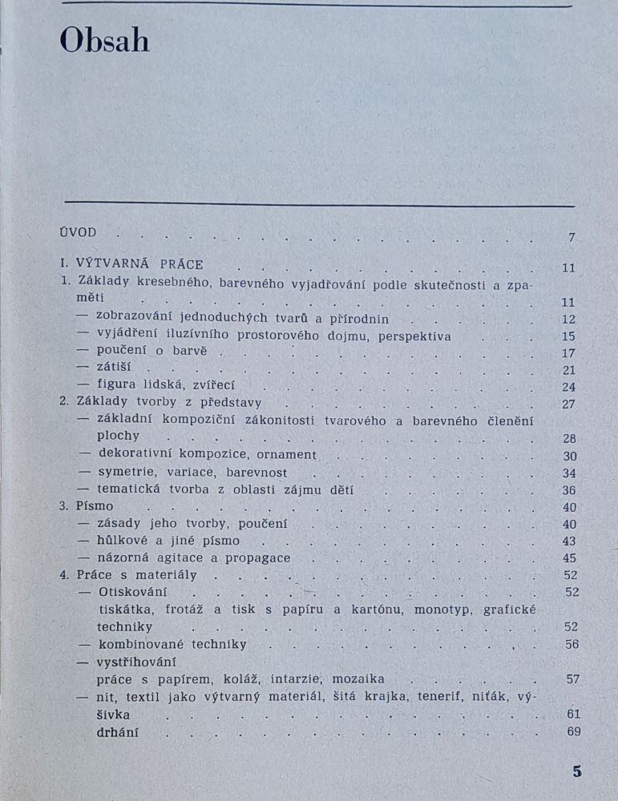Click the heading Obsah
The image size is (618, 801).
[105, 41]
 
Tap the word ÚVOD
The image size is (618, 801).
[78, 232]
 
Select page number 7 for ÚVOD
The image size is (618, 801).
[572, 237]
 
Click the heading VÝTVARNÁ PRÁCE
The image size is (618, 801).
[139, 264]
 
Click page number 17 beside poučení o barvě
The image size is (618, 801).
[569, 353]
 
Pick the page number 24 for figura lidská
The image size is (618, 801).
[569, 387]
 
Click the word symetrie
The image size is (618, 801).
[126, 472]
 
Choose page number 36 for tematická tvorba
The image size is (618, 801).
[569, 490]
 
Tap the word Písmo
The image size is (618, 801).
[95, 506]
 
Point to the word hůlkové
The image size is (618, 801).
[124, 541]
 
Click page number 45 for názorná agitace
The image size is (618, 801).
[569, 558]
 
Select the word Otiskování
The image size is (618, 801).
[131, 592]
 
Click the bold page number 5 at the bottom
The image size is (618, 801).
[577, 772]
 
